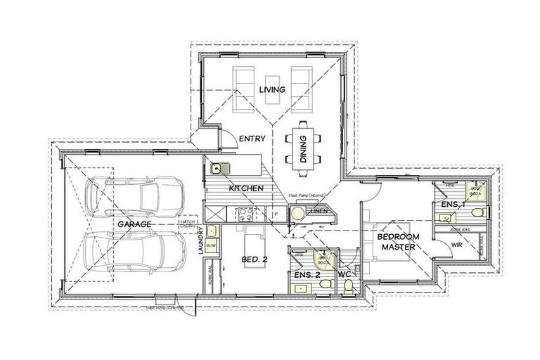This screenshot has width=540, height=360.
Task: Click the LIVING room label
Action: point(271,89)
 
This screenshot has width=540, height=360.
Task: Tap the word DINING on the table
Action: point(303,149)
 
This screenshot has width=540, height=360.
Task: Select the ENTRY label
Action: point(252,139)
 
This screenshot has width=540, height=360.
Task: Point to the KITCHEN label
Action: point(246,188)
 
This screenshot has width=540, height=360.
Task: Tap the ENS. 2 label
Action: point(308,274)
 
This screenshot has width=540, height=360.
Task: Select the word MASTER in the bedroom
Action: point(398,247)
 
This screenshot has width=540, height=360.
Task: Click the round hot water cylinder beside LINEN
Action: point(298,213)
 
